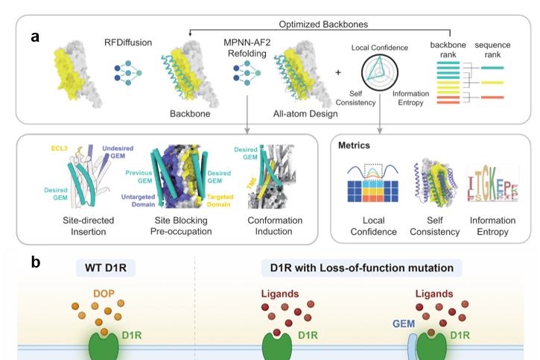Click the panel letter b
35,262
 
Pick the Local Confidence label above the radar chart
379,48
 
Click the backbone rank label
448,50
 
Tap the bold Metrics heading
355,145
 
